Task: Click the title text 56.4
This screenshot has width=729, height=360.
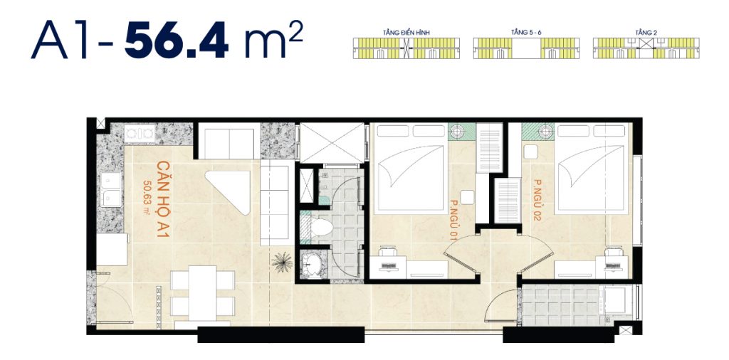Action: [177, 41]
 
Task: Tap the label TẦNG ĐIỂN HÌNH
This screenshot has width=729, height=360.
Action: [406, 33]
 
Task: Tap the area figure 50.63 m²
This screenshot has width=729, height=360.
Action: [147, 197]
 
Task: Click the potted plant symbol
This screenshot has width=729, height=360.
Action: [282, 262]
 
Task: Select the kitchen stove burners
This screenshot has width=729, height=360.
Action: [140, 134]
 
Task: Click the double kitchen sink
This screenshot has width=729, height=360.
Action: [110, 189]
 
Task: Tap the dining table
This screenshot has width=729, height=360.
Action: [203, 292]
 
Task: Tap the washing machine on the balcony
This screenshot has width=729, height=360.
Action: [617, 300]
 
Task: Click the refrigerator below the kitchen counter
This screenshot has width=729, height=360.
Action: [111, 250]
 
